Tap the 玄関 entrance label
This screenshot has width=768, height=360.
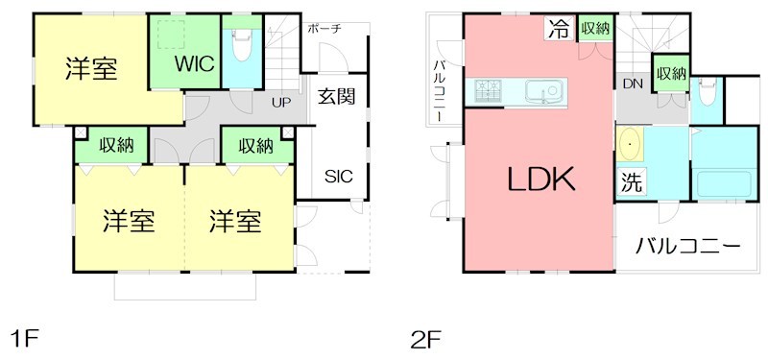click(x=337, y=96)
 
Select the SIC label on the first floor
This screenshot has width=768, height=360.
click(x=337, y=177)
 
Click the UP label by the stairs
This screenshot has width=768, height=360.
click(x=281, y=102)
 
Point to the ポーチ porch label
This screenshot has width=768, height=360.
click(x=324, y=30)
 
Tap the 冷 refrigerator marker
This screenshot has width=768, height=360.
click(x=558, y=29)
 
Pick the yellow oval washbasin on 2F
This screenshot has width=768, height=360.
click(x=630, y=145)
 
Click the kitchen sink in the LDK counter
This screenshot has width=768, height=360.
click(x=548, y=93)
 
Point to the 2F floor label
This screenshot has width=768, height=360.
click(x=425, y=337)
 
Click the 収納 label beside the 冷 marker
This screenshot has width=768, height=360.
click(x=595, y=29)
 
